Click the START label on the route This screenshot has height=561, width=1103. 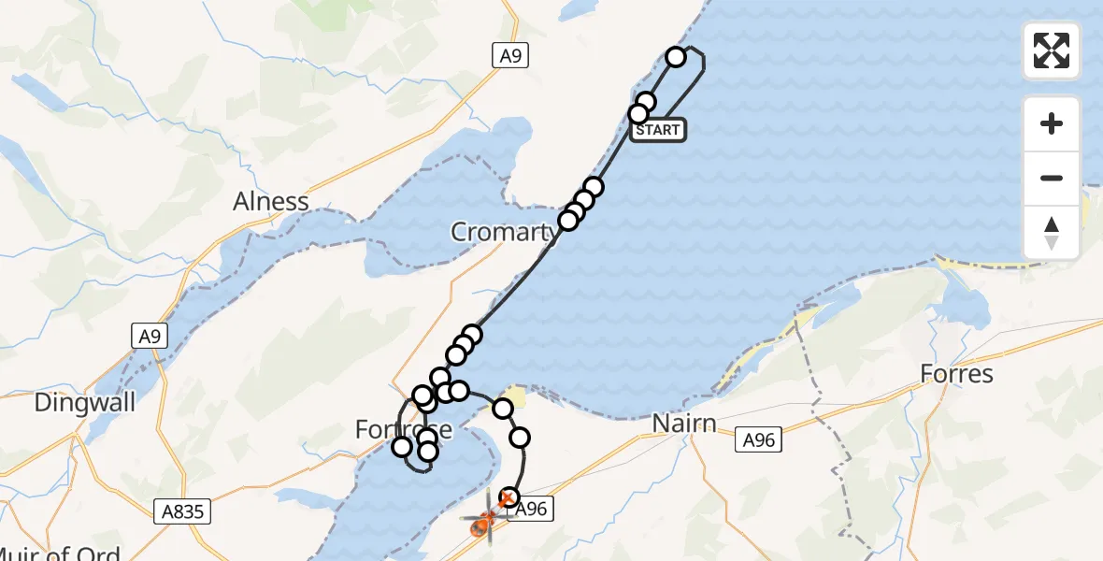click(658, 130)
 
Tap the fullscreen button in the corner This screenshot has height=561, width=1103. click(1052, 50)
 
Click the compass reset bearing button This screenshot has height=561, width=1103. click(1052, 233)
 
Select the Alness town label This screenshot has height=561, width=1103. click(271, 201)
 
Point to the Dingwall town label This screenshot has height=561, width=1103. click(85, 403)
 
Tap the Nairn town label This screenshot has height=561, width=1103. click(685, 424)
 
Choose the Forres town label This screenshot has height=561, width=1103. click(956, 374)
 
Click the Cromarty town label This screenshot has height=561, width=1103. click(503, 231)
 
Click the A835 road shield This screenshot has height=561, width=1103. click(181, 511)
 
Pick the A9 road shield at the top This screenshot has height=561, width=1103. click(510, 56)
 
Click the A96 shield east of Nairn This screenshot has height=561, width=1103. click(758, 439)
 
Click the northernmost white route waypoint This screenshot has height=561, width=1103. click(676, 58)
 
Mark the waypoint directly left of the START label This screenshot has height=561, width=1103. click(638, 114)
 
